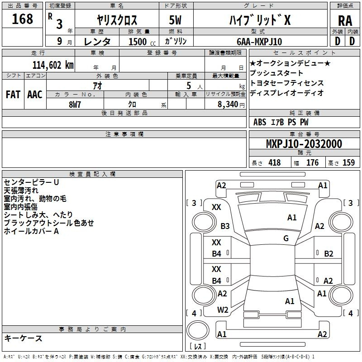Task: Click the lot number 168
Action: coord(23,19)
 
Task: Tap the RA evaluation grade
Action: coord(345,20)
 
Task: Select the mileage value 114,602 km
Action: coord(53,65)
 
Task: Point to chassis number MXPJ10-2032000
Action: coord(304,144)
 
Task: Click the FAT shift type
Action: coord(13,95)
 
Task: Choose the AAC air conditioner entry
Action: coord(35,95)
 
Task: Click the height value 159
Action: coord(348,163)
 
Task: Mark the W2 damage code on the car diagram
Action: coord(222,310)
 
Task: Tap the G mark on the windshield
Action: coord(286,238)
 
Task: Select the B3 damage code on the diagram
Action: coord(225,226)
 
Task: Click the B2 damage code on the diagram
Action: coord(329,253)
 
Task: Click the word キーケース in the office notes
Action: coord(23,338)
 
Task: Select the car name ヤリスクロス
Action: coord(117,20)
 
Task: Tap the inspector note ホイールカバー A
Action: coord(32,231)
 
